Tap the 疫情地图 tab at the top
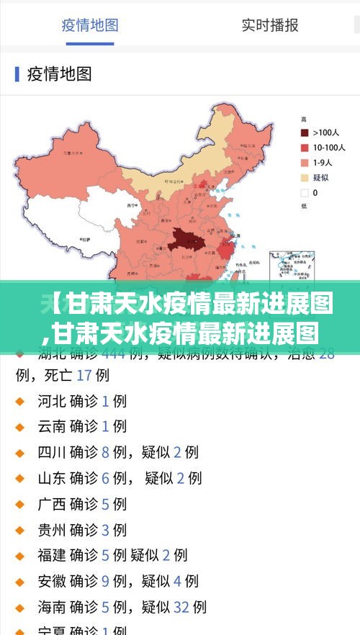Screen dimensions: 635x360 (x=90, y=25)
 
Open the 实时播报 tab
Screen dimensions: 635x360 (x=270, y=25)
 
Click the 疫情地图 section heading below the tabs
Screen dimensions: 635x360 (x=59, y=73)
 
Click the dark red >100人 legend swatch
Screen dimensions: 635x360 (x=305, y=132)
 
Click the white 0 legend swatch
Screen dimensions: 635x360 (x=305, y=193)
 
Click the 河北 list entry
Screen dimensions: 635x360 (x=52, y=400)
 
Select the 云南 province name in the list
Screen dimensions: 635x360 (x=52, y=426)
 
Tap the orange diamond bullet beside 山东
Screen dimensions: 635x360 (x=20, y=478)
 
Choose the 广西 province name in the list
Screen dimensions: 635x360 (x=52, y=504)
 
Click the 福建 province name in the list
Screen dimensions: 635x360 (x=52, y=555)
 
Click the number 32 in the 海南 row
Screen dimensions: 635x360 (x=182, y=607)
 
